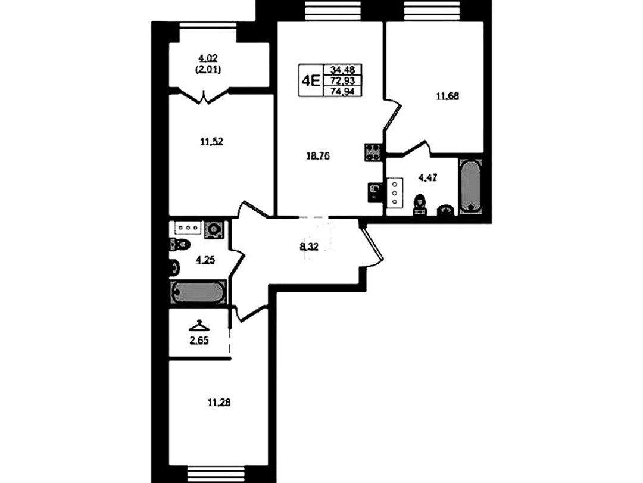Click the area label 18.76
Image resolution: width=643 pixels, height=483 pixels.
[x=318, y=156]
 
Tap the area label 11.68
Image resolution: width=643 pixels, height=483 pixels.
[x=447, y=96]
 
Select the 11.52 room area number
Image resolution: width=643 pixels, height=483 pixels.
[x=211, y=142]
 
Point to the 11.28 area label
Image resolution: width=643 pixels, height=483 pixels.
[x=219, y=403]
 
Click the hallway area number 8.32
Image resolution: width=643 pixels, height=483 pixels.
[x=309, y=247]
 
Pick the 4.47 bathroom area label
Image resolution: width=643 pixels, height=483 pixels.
[x=427, y=177]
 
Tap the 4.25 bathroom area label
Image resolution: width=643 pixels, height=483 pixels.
[x=205, y=260]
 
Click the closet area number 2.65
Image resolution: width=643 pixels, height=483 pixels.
[x=199, y=341]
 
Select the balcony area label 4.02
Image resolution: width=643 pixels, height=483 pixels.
[x=208, y=58]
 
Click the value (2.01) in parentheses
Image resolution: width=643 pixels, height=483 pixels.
[x=208, y=70]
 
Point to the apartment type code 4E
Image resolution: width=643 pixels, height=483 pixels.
[x=310, y=81]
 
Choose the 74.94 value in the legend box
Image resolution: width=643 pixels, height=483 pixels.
[x=342, y=92]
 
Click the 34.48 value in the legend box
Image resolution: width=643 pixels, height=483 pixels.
[x=342, y=69]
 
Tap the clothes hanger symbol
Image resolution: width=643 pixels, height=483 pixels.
[x=199, y=325]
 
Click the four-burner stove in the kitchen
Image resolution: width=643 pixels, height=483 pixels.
[x=373, y=152]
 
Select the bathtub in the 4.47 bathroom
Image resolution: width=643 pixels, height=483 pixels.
[x=470, y=186]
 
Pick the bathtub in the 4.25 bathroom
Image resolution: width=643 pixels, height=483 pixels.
[x=198, y=292]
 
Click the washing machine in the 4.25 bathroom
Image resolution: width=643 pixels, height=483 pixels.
[x=214, y=229]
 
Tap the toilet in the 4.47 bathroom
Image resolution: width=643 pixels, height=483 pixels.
[x=420, y=204]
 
